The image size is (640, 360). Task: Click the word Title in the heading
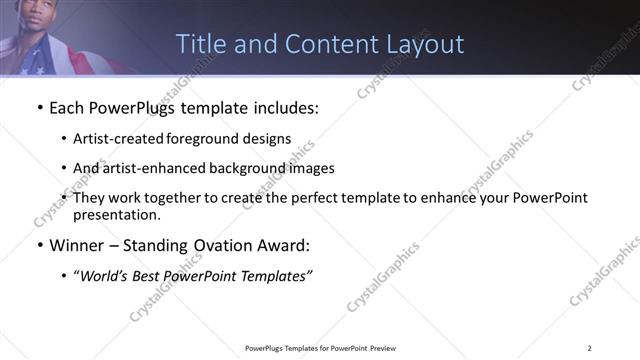(199, 44)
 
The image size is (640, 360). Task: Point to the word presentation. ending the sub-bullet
(117, 214)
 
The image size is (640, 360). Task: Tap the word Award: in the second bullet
(284, 246)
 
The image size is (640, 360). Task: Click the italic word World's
(104, 276)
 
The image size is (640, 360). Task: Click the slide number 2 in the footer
(590, 348)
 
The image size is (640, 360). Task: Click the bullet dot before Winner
(38, 246)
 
